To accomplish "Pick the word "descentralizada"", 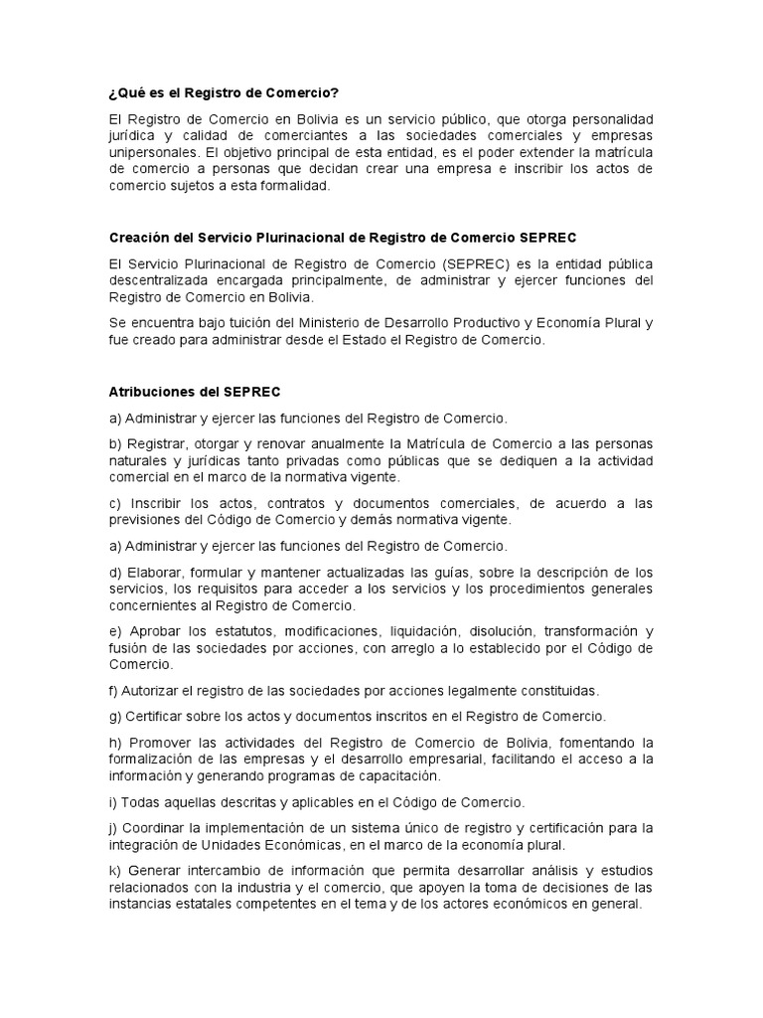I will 160,280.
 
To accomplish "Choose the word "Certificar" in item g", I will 158,716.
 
